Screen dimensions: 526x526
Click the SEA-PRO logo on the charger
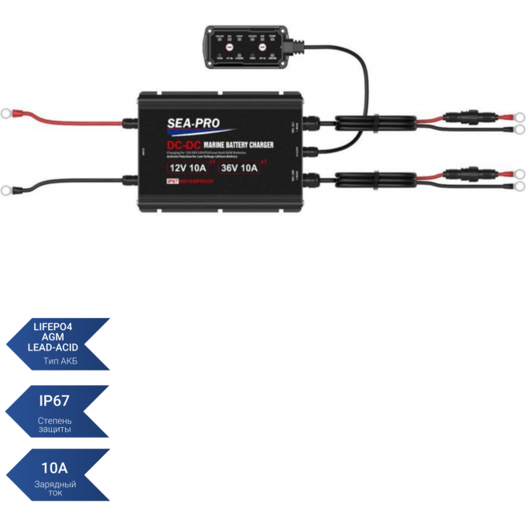(x=193, y=122)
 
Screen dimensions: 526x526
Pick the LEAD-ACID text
(x=58, y=349)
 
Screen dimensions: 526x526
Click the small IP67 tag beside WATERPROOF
(x=172, y=182)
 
